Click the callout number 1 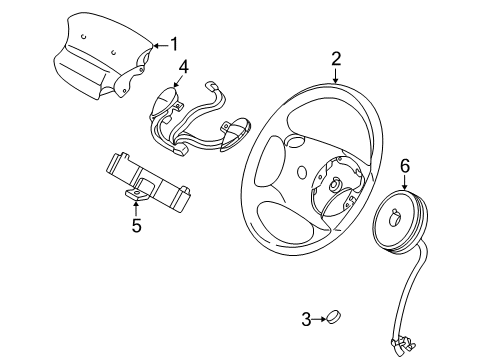174,44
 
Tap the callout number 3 307,319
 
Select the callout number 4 183,68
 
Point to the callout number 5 136,225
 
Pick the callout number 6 405,164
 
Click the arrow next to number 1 158,45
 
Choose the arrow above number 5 136,207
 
